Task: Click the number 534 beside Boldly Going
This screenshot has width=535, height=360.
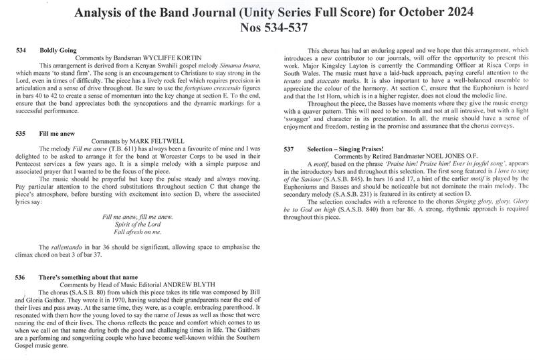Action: (22, 50)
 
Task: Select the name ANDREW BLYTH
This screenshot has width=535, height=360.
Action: (195, 284)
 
